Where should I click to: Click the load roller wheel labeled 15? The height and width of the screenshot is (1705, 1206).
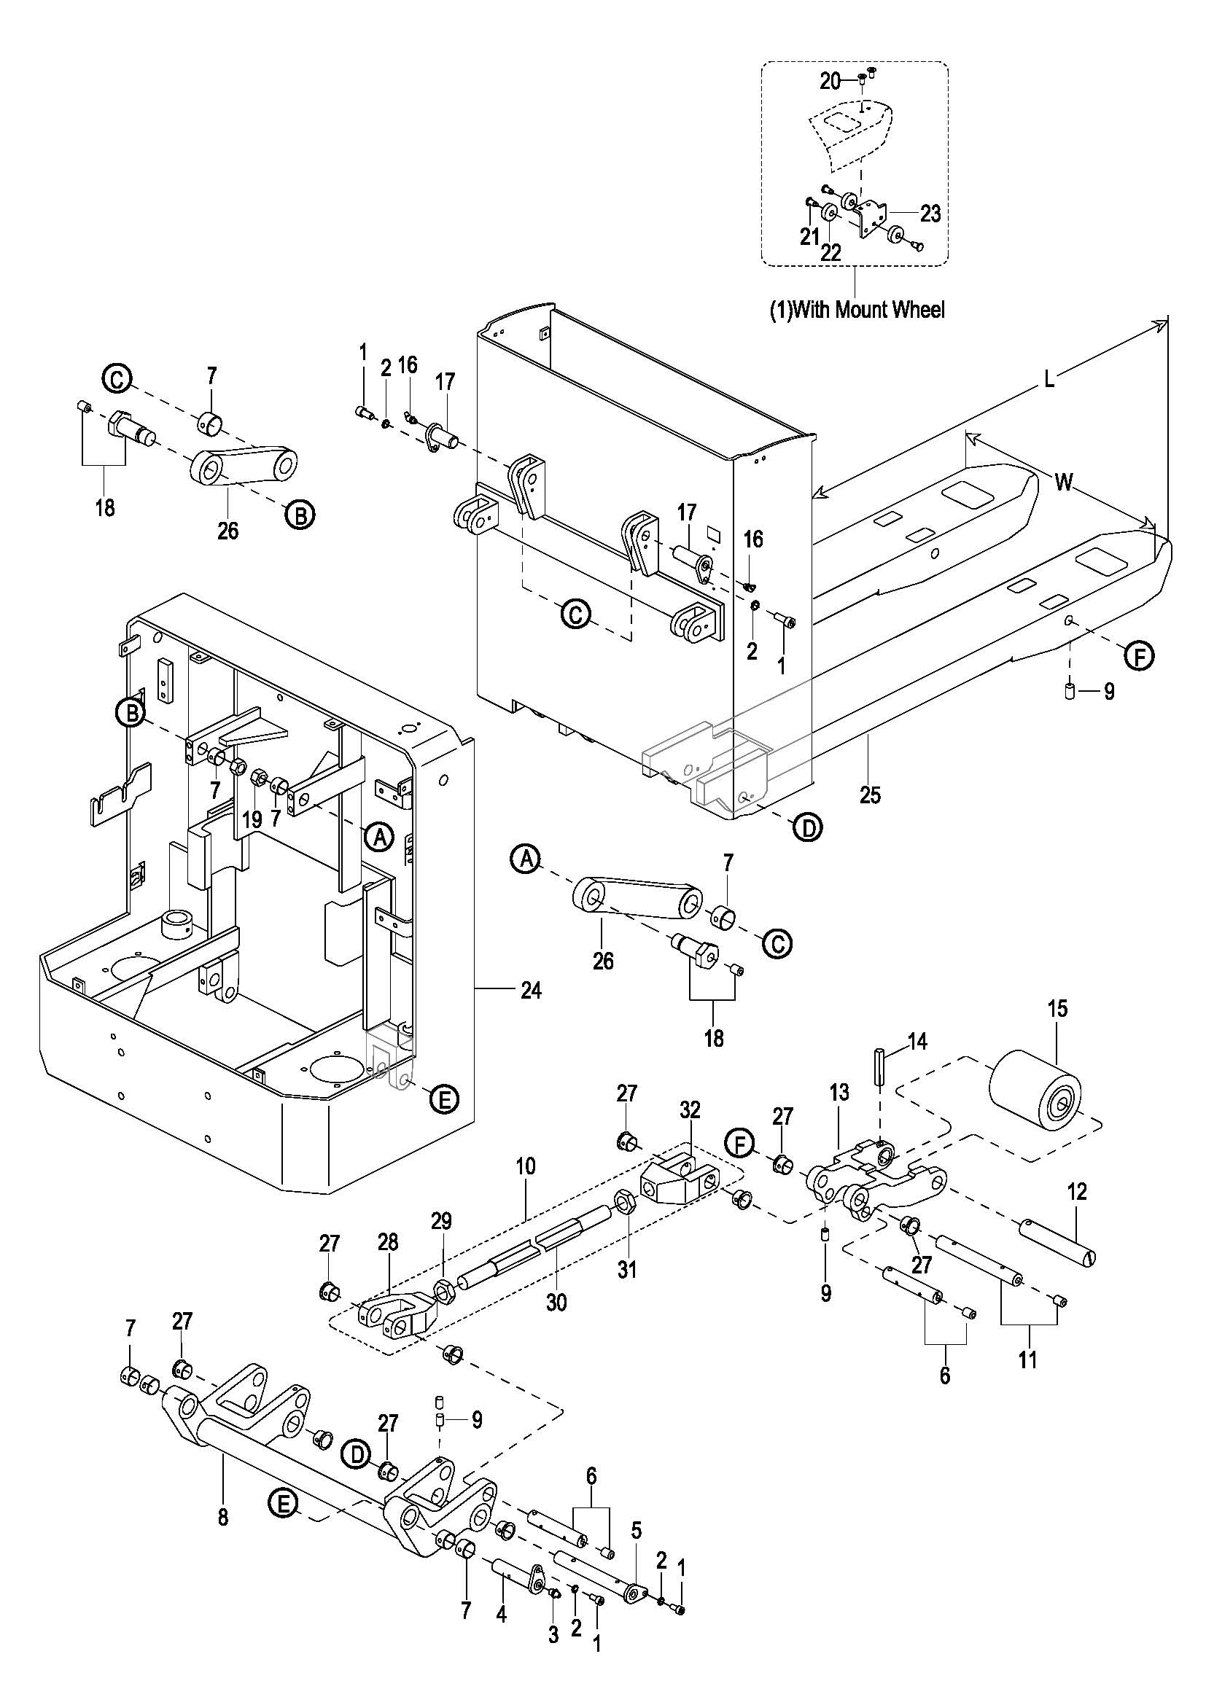tap(1035, 1095)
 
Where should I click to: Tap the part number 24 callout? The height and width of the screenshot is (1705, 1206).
tap(530, 990)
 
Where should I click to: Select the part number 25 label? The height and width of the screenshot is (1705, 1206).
tap(870, 795)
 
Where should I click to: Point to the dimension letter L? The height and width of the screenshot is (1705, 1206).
tap(1049, 381)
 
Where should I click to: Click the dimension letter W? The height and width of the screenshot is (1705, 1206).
tap(1064, 483)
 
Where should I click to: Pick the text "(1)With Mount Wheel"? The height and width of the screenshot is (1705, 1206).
tap(856, 310)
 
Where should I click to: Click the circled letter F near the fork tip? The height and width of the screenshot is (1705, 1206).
tap(1140, 655)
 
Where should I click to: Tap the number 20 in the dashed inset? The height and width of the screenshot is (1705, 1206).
tap(830, 81)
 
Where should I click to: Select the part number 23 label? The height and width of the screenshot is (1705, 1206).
tap(930, 214)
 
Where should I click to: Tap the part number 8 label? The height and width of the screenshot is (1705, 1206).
tap(224, 1517)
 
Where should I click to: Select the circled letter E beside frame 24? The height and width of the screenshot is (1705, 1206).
tap(444, 1099)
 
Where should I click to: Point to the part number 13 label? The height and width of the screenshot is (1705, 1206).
tap(839, 1114)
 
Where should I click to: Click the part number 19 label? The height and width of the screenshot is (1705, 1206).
tap(252, 819)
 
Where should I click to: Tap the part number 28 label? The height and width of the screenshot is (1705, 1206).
tap(388, 1241)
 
